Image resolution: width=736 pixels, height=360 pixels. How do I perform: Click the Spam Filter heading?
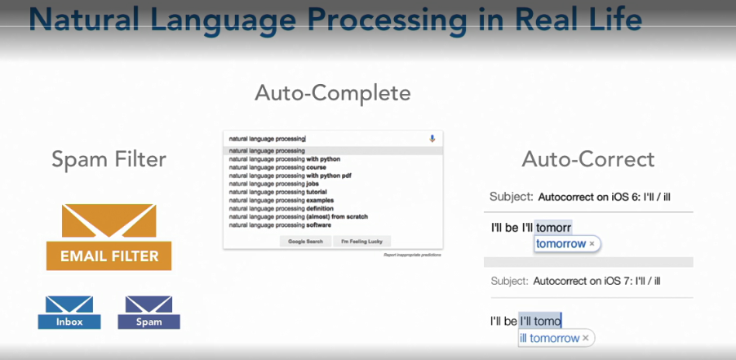109,159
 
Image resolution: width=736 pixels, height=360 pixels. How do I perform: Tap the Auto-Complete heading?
332,92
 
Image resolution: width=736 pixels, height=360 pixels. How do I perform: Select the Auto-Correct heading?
588,158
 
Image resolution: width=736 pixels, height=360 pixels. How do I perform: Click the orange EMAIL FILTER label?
109,256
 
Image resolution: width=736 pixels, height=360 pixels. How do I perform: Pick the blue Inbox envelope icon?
69,312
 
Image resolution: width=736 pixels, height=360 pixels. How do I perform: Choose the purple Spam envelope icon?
149,312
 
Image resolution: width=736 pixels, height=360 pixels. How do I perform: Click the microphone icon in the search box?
432,139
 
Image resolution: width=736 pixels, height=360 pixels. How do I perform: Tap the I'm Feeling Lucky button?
361,242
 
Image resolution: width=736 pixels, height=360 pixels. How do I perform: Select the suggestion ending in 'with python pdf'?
285,176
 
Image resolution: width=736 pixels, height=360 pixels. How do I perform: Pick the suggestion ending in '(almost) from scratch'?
298,216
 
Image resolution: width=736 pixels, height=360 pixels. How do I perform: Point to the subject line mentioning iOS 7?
575,281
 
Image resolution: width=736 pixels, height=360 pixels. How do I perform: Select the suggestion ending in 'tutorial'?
277,192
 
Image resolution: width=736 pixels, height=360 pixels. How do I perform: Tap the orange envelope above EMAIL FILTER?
109,220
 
